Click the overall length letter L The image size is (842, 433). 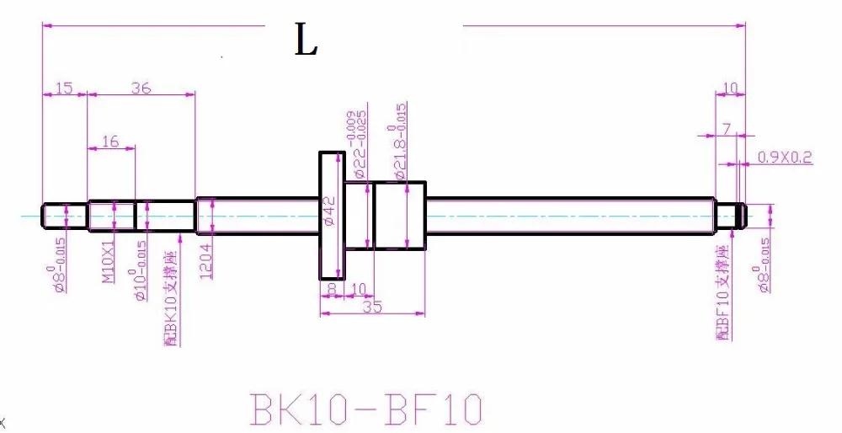tap(306, 40)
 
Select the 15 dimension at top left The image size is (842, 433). tap(64, 88)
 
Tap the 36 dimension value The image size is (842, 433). tap(141, 88)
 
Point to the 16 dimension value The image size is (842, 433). tap(110, 141)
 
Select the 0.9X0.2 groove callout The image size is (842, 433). tap(785, 157)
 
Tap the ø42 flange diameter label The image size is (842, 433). tap(330, 213)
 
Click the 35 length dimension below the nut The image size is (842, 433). tap(371, 307)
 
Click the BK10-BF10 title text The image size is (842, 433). tap(366, 409)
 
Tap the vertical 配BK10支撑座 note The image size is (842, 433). tap(171, 299)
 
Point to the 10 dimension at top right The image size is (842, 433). tap(730, 87)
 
